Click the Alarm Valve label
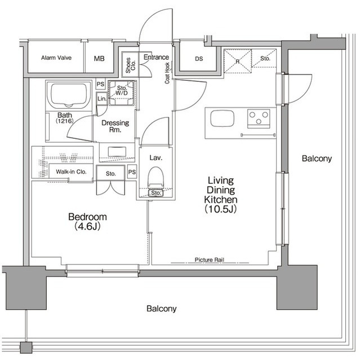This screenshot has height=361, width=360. click(56, 58)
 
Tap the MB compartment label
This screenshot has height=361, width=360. click(99, 59)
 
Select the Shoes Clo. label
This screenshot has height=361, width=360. click(130, 65)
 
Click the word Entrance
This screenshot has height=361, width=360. click(156, 57)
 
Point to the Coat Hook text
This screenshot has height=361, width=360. click(167, 73)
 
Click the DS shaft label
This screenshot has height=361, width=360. click(199, 59)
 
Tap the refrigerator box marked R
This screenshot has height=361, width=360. click(238, 61)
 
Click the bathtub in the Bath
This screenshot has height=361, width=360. click(69, 95)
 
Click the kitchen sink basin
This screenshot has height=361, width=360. click(222, 118)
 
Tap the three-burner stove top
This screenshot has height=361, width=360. click(259, 118)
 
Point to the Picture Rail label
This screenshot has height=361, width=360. click(209, 259)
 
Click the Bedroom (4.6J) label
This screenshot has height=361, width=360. click(87, 222)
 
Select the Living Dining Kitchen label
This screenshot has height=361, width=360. click(221, 195)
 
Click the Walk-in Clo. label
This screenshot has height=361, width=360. click(71, 171)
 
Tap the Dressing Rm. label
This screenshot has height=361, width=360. click(115, 126)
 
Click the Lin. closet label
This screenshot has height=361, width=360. click(102, 99)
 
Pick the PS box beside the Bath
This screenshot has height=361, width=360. click(100, 84)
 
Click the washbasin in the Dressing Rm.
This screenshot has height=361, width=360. click(117, 152)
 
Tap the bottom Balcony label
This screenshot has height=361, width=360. click(161, 309)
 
